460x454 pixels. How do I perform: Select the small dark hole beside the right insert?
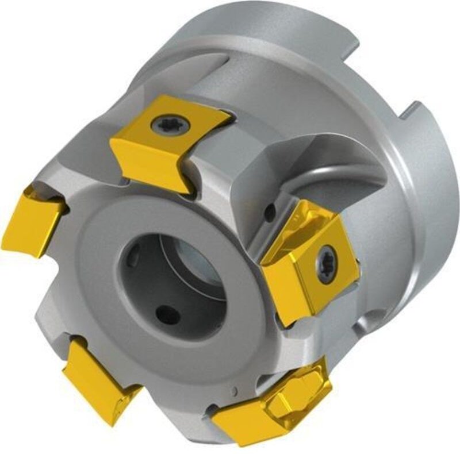(269, 214)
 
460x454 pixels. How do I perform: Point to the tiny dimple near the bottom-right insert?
(234, 392)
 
